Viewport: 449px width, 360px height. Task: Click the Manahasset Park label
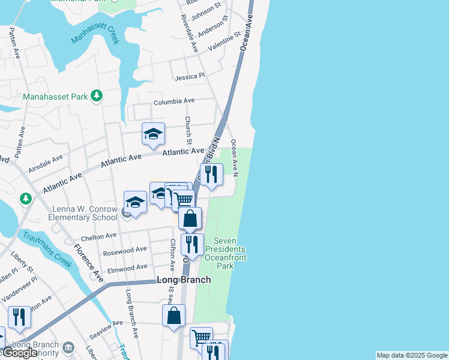55,97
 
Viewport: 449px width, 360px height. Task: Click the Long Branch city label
184,280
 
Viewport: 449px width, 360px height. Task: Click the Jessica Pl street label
190,77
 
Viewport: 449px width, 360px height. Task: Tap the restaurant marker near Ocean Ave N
211,174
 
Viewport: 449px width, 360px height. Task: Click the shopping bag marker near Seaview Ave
173,316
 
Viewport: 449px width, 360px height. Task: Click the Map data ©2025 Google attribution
412,355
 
